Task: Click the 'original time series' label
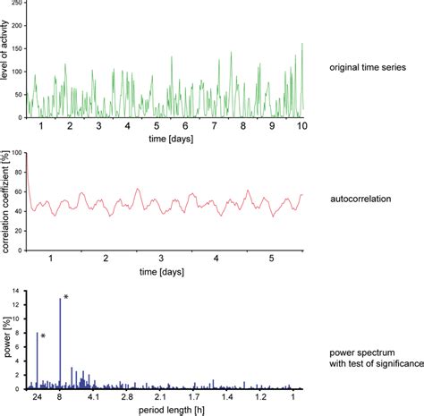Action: click(x=368, y=69)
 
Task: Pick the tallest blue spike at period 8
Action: click(x=60, y=344)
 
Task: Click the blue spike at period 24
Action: click(x=37, y=361)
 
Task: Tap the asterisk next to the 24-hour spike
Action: click(x=43, y=336)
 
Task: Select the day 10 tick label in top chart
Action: click(x=302, y=128)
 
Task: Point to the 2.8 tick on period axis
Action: click(x=127, y=398)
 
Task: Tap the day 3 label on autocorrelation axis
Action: click(x=161, y=257)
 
